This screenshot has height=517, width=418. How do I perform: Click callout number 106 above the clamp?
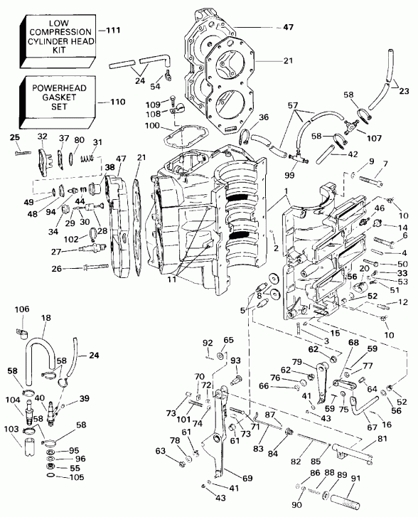point(22,309)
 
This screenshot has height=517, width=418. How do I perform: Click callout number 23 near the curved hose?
point(406,90)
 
